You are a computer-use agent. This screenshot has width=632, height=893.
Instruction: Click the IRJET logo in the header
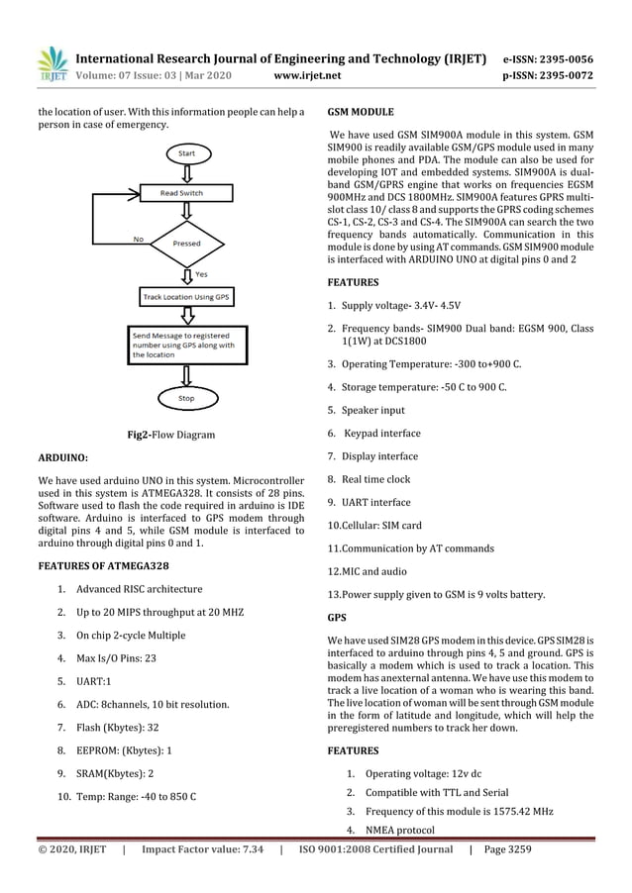(x=51, y=62)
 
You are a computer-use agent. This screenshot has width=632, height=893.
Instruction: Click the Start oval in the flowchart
(x=186, y=154)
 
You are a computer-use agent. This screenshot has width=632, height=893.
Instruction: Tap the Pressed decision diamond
(x=185, y=242)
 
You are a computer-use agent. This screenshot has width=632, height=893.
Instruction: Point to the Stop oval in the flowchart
(x=185, y=398)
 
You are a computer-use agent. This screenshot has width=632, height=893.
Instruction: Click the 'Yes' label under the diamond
(x=201, y=273)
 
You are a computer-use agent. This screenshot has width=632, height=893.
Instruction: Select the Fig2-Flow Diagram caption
(x=171, y=435)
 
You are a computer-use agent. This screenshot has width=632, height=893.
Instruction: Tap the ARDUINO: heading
(x=62, y=458)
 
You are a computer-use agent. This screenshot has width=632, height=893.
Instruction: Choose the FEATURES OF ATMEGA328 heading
(x=103, y=564)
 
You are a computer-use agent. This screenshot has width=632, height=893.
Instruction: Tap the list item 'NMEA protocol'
(x=399, y=830)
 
